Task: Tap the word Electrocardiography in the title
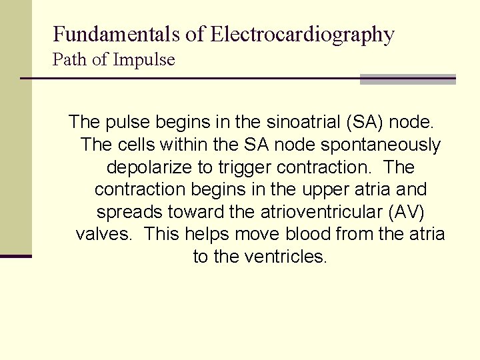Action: [x=303, y=34]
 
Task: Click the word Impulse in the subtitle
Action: [x=144, y=60]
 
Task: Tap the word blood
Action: [x=308, y=235]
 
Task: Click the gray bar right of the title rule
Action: [x=407, y=79]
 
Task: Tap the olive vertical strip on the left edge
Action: [x=15, y=127]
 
